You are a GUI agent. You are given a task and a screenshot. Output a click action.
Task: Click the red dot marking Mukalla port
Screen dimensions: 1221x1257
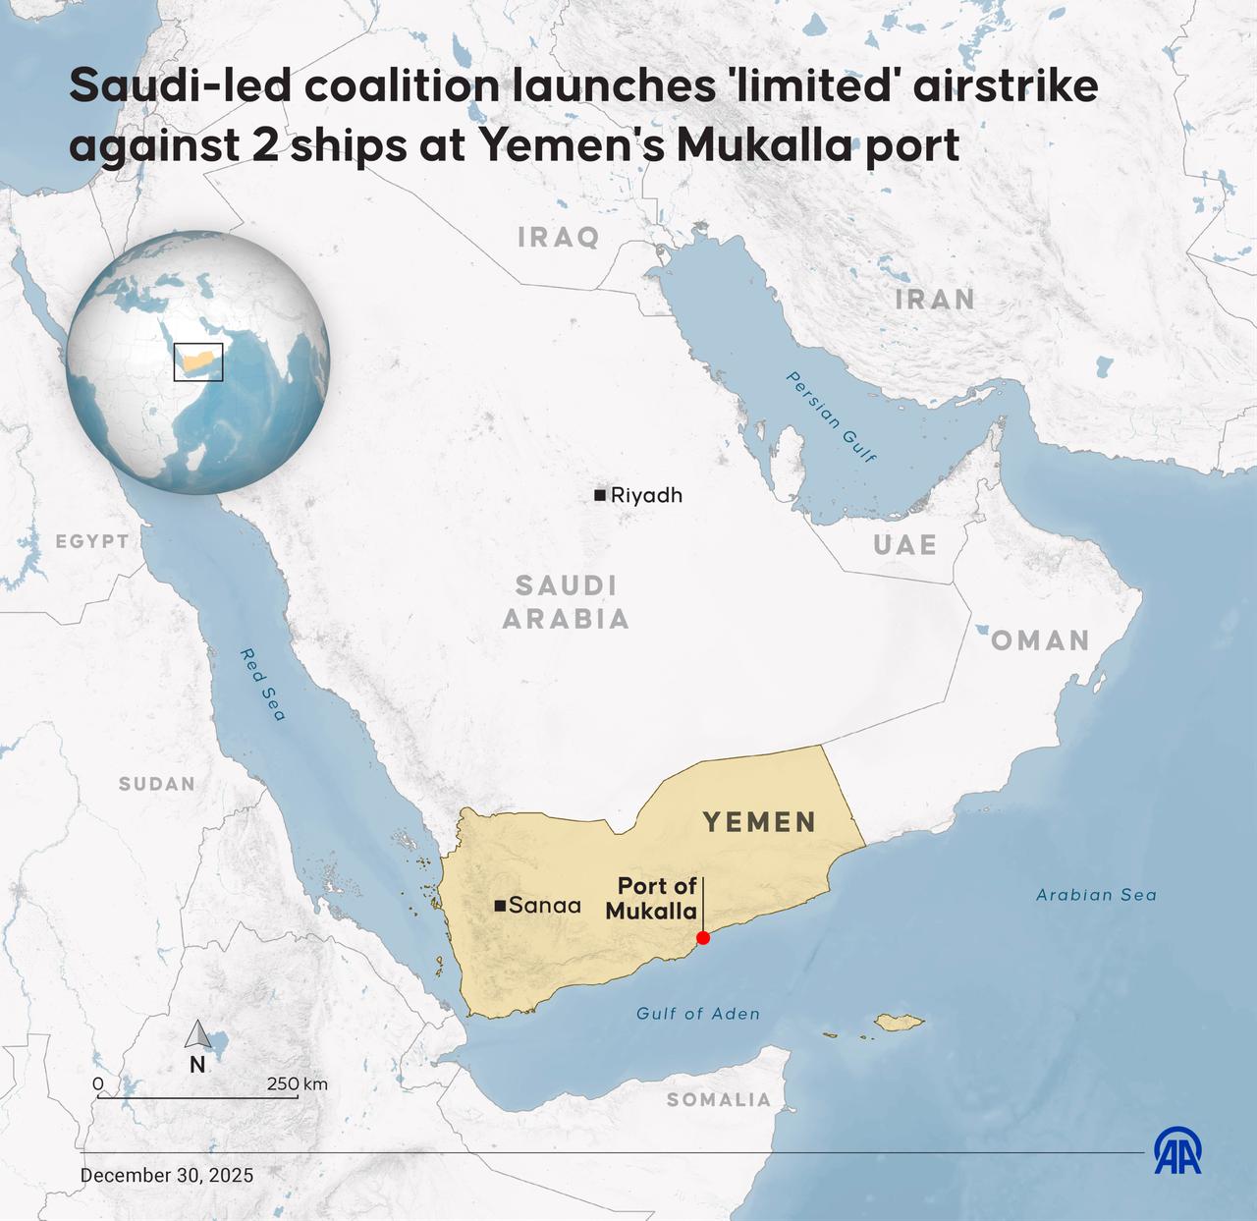(703, 937)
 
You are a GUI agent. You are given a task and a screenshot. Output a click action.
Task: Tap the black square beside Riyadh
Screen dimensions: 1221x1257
(599, 495)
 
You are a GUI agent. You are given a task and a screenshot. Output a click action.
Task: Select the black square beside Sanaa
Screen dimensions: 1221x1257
(500, 905)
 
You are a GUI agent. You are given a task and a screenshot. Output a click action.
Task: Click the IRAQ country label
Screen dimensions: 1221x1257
(558, 237)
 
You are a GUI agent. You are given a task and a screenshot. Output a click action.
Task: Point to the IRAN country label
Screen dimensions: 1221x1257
(934, 300)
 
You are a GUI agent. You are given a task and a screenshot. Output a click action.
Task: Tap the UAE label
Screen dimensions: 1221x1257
(904, 544)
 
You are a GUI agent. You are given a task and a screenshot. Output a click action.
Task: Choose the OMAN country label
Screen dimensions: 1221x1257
(1040, 640)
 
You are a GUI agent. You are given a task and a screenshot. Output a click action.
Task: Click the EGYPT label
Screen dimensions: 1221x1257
(91, 541)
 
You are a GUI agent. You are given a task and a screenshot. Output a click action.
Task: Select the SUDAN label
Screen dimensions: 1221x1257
(157, 784)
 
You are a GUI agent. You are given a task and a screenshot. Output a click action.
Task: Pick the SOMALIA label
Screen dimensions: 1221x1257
(719, 1099)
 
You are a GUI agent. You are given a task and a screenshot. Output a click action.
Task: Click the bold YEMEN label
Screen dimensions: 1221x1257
(759, 822)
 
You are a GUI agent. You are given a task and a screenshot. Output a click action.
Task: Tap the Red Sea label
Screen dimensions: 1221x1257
(263, 685)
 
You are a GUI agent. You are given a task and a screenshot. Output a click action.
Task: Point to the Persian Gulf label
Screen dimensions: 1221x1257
(831, 416)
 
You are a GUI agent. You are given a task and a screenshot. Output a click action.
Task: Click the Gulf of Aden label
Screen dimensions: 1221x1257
(697, 1014)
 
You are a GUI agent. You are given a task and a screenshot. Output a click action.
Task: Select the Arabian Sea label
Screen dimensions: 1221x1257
(1096, 895)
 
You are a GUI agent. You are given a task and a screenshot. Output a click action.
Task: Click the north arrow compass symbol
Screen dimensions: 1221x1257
(197, 1036)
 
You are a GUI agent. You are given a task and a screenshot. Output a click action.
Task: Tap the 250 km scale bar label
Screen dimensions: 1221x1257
(297, 1083)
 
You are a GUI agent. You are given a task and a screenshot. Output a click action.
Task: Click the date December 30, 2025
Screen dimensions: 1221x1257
(167, 1175)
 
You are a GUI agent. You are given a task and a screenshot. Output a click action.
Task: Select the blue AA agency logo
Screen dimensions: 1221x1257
(1177, 1150)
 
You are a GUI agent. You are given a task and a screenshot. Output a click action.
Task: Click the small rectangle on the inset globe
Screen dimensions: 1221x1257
(198, 361)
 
